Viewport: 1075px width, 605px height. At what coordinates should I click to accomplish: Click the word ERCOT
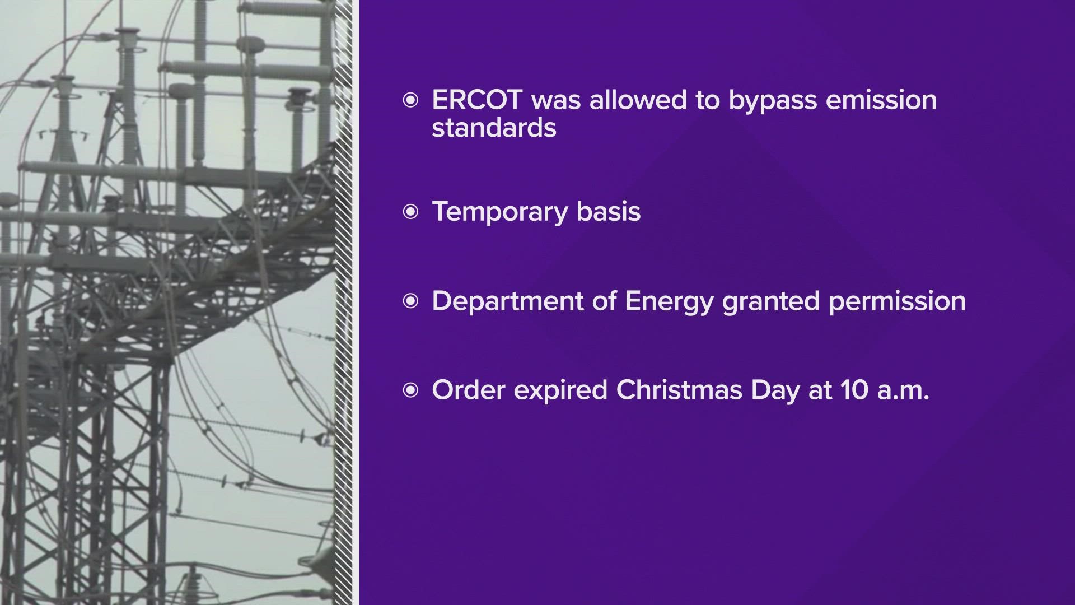point(478,100)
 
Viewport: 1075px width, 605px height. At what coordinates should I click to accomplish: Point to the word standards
point(494,128)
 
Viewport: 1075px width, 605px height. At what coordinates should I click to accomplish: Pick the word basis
point(609,212)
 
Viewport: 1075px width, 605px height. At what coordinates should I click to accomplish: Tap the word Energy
point(669,302)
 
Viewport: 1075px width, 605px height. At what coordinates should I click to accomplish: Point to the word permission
point(898,302)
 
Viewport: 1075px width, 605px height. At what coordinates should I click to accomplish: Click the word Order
point(469,390)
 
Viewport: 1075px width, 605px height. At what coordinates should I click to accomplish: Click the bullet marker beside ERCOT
point(410,101)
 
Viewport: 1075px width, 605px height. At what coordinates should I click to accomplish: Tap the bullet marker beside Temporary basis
point(410,212)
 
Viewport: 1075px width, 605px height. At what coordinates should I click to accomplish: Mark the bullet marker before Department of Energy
point(410,302)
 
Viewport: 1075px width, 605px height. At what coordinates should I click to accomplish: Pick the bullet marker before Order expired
point(410,391)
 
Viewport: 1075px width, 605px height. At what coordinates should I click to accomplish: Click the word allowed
point(623,100)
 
